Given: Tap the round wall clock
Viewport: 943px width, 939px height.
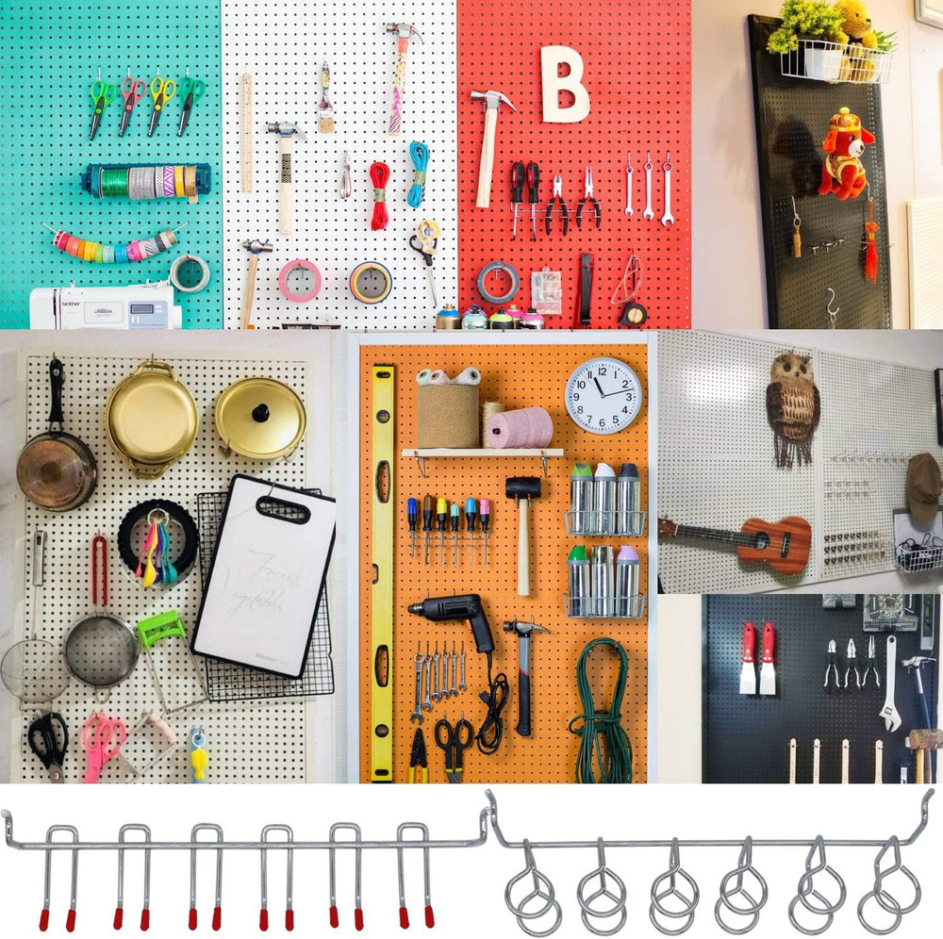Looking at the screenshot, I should coord(604,395).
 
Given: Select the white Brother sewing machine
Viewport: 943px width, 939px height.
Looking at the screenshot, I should coord(104,306).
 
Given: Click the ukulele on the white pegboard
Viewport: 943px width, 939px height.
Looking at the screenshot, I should coord(745,540).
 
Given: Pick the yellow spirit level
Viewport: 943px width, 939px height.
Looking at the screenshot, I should coord(382,566).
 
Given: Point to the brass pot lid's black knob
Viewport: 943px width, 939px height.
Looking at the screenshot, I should coord(259,412).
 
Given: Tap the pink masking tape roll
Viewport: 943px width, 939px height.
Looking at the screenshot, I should coord(299,280).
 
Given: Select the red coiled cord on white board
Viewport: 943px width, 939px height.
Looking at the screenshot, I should coord(378,194).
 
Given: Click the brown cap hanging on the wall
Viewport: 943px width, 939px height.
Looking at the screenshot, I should coord(923,486).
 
